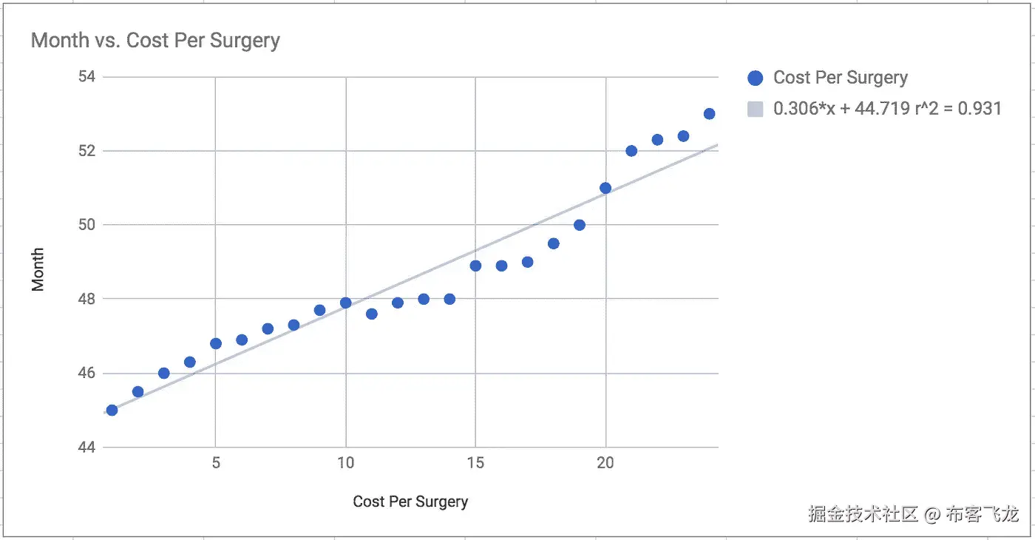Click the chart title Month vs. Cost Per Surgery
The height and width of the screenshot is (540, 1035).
(155, 40)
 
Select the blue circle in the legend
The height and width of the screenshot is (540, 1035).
(755, 78)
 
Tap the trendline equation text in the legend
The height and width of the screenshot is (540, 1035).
(887, 109)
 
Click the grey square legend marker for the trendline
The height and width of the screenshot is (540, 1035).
(755, 109)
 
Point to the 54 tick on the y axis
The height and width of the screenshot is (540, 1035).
(92, 77)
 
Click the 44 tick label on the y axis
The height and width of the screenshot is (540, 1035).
(92, 447)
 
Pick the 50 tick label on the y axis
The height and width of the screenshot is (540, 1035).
(92, 225)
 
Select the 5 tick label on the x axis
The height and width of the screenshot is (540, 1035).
(216, 463)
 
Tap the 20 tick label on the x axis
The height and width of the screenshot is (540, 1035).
(605, 463)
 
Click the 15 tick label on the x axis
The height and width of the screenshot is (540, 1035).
(475, 463)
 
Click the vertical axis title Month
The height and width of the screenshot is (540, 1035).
(38, 269)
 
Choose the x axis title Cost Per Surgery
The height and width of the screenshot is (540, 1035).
(410, 502)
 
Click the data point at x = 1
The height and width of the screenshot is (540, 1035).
(112, 410)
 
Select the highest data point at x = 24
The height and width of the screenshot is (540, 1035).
(709, 114)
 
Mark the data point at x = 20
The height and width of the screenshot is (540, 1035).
(605, 188)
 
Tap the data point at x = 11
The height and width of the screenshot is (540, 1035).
(371, 314)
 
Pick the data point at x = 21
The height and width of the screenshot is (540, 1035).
(631, 151)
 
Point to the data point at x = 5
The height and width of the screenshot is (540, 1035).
(216, 343)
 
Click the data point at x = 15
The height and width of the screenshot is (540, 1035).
(475, 266)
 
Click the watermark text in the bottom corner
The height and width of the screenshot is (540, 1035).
(914, 513)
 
